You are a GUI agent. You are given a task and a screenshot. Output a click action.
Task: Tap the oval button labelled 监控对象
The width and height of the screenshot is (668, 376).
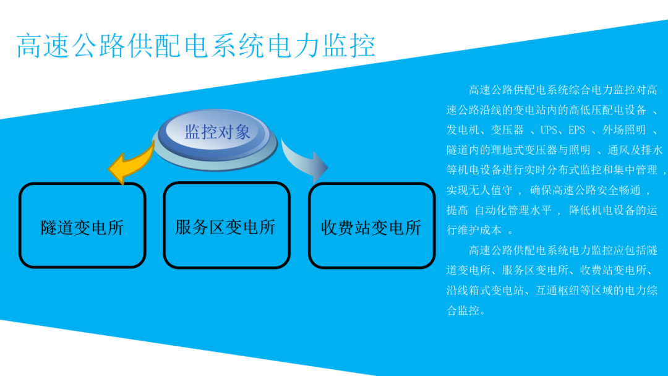click(x=217, y=132)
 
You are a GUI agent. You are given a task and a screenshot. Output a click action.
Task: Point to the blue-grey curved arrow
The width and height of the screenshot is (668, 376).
click(x=306, y=159)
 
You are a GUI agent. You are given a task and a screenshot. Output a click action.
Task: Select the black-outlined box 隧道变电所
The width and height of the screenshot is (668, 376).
click(x=82, y=226)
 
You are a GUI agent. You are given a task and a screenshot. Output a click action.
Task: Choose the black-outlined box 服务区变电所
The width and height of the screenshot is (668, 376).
click(x=226, y=226)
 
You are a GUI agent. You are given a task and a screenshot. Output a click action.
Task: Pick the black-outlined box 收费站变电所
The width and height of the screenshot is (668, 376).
click(x=371, y=227)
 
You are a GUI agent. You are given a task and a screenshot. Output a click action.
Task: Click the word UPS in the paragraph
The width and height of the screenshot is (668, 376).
click(x=549, y=130)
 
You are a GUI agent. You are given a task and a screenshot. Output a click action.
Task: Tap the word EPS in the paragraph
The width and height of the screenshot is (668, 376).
click(x=576, y=130)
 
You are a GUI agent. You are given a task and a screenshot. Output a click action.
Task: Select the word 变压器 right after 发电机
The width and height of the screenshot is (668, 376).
click(x=508, y=130)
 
